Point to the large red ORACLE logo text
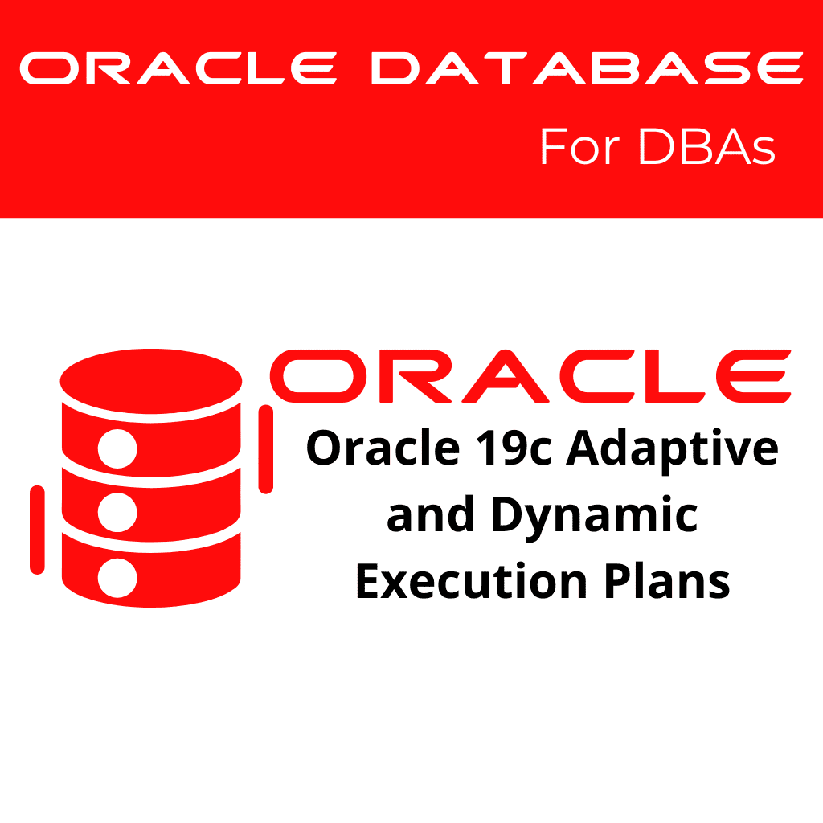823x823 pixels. click(530, 377)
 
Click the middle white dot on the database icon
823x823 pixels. click(117, 510)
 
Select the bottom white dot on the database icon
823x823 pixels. click(117, 576)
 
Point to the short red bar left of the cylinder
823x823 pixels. click(37, 530)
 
